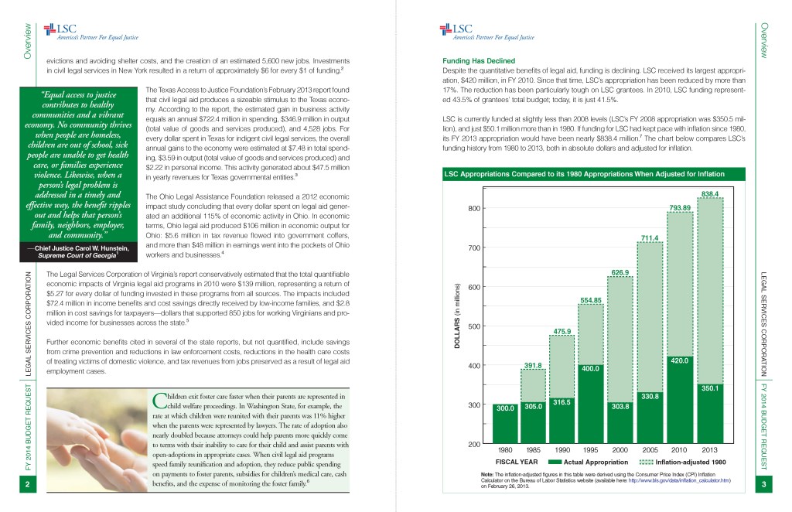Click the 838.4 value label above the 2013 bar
tap(710, 193)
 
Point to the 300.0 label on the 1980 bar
tap(505, 408)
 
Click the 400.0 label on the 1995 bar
tap(592, 369)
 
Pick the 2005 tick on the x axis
tap(650, 449)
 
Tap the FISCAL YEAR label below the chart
tap(517, 462)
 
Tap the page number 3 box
tap(763, 485)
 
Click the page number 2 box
tap(27, 485)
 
